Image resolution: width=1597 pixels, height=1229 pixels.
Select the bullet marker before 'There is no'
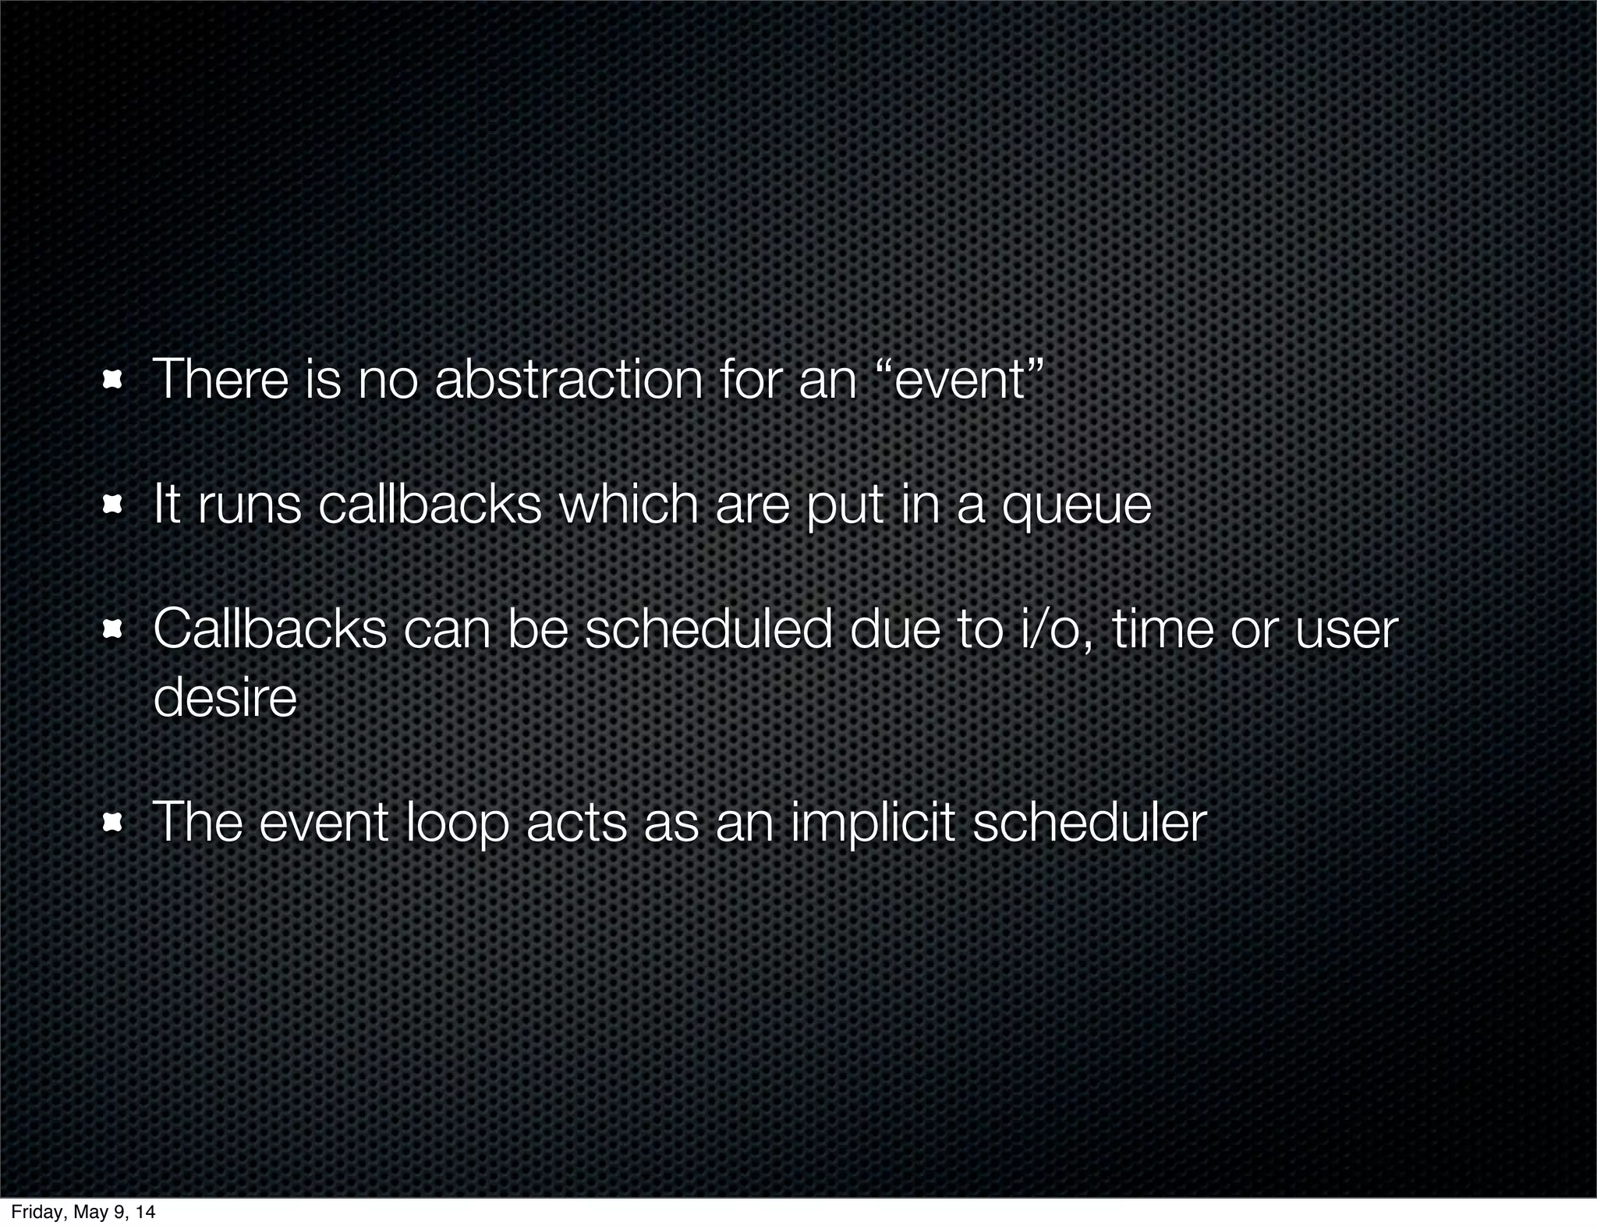pyautogui.click(x=113, y=381)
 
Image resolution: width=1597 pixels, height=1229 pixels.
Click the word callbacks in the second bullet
pyautogui.click(x=430, y=505)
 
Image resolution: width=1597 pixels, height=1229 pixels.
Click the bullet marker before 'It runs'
pyautogui.click(x=113, y=506)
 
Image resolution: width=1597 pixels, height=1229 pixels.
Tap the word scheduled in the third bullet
pyautogui.click(x=708, y=629)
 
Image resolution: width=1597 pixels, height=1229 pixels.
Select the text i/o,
pyautogui.click(x=1057, y=629)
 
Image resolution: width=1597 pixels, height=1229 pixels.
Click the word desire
pyautogui.click(x=225, y=697)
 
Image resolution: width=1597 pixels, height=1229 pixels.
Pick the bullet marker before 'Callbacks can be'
pyautogui.click(x=113, y=631)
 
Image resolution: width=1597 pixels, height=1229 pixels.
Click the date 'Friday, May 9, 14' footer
pyautogui.click(x=83, y=1212)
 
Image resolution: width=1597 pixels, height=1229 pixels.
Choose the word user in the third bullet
pyautogui.click(x=1346, y=631)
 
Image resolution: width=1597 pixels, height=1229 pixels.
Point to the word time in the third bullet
pyautogui.click(x=1163, y=629)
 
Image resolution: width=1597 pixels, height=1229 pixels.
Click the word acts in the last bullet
pyautogui.click(x=576, y=823)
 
